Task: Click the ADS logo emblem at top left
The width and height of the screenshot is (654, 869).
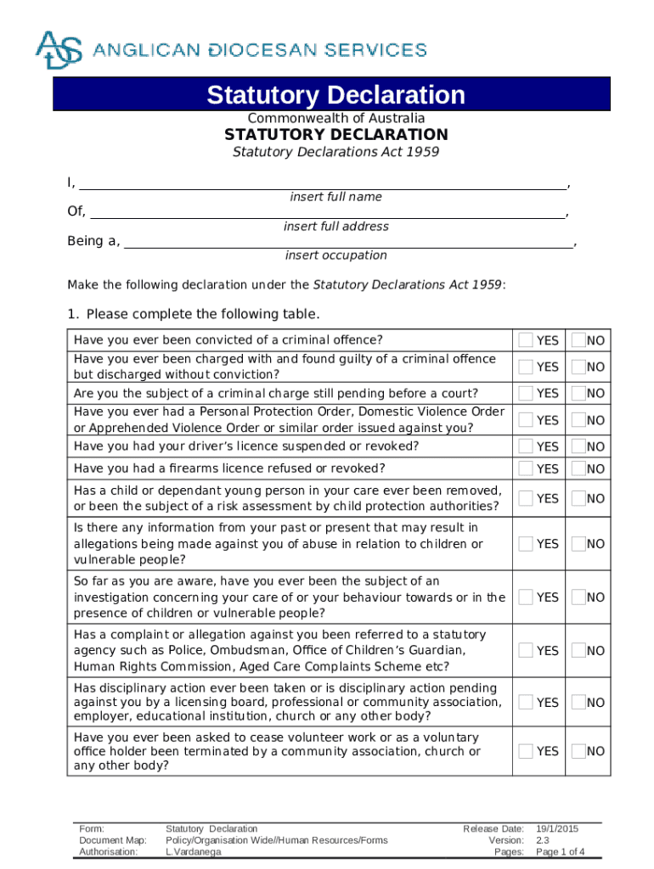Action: pos(58,50)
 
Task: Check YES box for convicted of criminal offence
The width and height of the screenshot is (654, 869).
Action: pos(527,340)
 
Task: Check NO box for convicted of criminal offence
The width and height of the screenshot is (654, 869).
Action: pos(578,340)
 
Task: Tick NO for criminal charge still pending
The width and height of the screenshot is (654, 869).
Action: pos(578,393)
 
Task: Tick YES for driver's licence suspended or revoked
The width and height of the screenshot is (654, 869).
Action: pos(527,446)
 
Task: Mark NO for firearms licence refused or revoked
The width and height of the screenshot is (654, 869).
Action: pos(578,468)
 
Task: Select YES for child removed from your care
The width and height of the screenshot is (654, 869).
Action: pos(527,498)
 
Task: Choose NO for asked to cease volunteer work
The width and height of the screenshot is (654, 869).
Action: pos(578,751)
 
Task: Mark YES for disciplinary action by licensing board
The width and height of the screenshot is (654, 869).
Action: pos(527,702)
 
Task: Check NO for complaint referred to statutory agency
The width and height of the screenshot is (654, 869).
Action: pos(578,650)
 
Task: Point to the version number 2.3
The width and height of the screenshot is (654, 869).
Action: pos(544,840)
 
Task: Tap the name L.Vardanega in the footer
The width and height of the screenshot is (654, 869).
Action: pos(194,852)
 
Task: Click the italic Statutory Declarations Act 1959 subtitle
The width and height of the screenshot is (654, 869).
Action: pos(335,153)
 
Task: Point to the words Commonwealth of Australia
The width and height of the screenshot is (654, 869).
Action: pos(335,118)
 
